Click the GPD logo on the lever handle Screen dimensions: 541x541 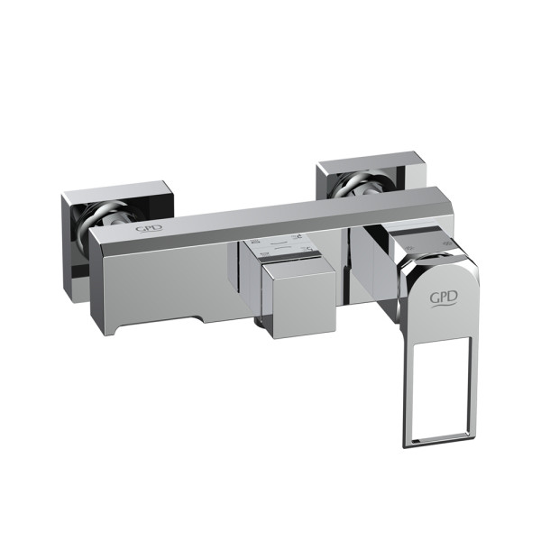444,298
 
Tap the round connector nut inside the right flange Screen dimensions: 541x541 362,183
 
